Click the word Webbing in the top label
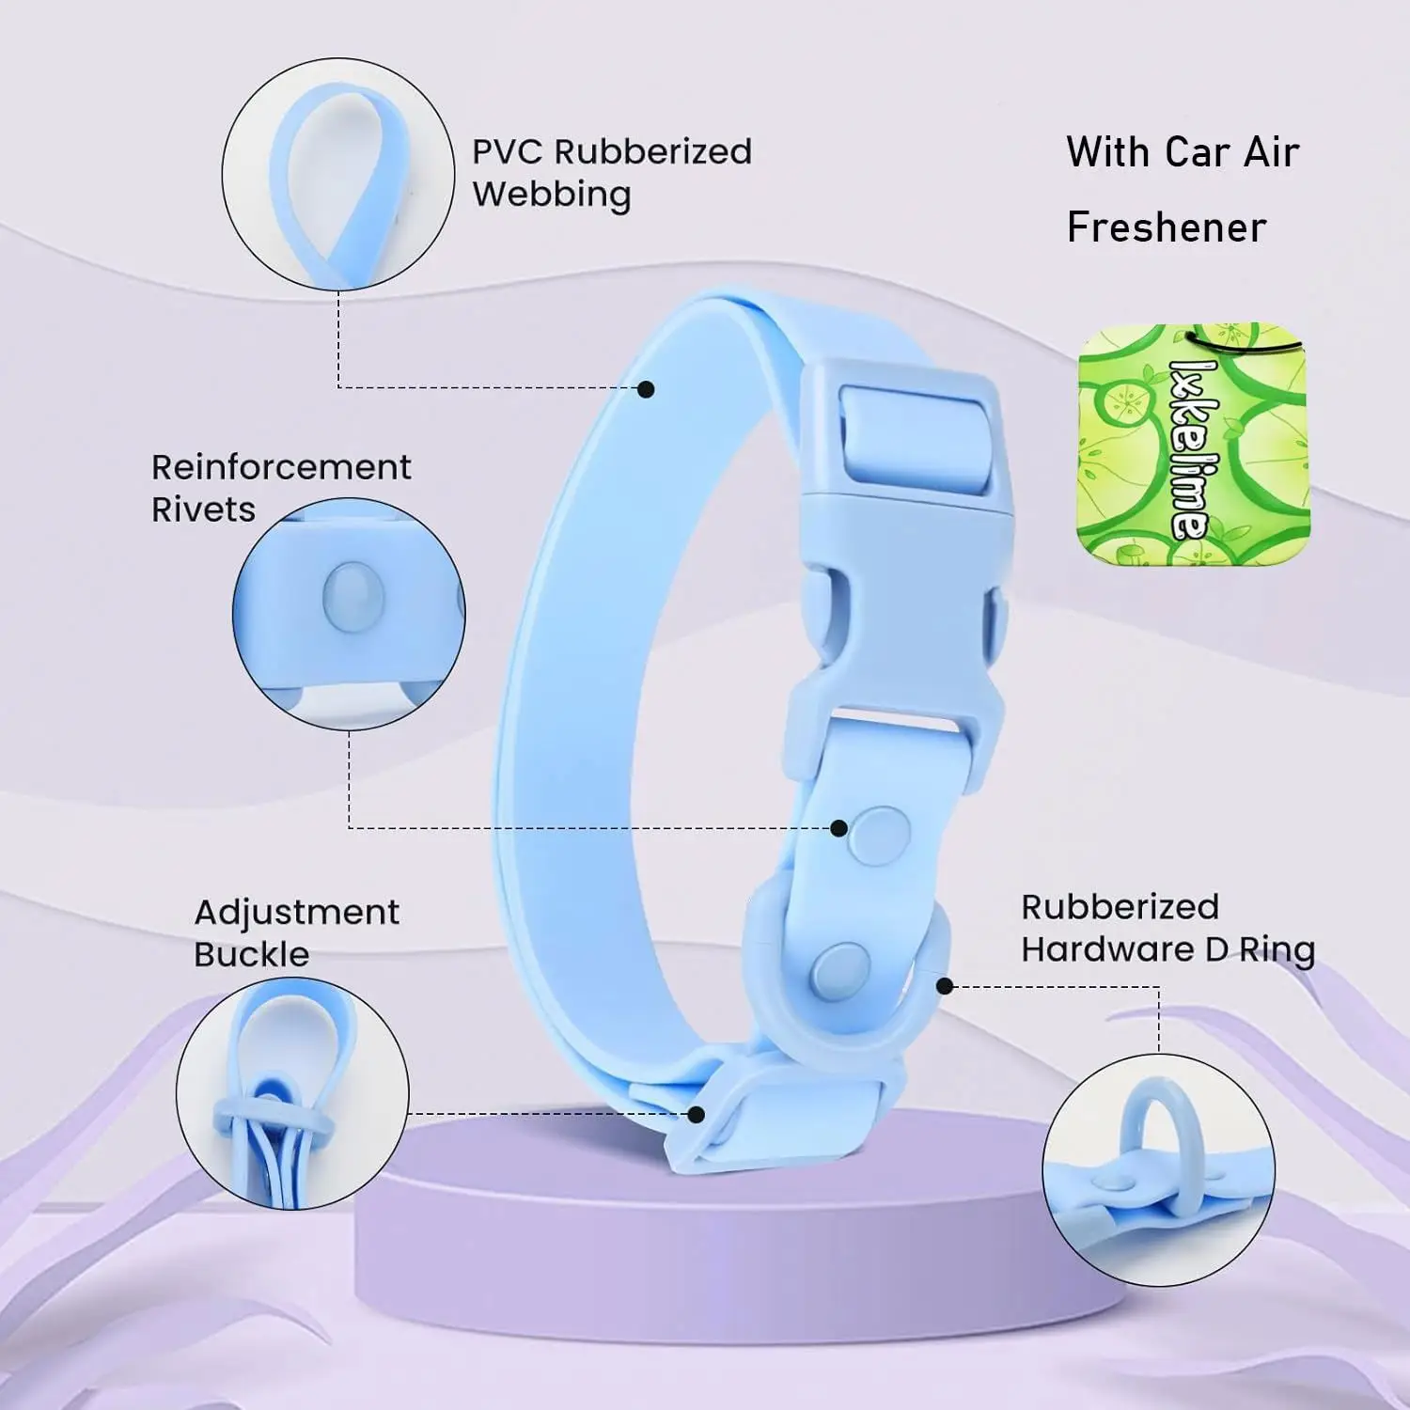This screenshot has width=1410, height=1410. (x=552, y=195)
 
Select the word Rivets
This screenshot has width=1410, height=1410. (x=203, y=509)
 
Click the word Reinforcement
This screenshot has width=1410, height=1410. (x=281, y=467)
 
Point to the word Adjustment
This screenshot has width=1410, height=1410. (x=296, y=912)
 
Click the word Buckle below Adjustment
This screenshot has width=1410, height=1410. (x=251, y=955)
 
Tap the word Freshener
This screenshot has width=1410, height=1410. (x=1167, y=227)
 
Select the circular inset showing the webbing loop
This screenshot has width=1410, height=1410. (x=337, y=174)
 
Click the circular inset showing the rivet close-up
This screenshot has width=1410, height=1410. (x=349, y=614)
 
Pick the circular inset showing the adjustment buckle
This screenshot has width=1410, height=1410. (x=292, y=1093)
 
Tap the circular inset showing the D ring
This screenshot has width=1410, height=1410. (x=1158, y=1169)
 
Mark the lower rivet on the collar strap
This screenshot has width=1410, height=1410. (x=839, y=969)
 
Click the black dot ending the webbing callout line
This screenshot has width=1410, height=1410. (x=646, y=388)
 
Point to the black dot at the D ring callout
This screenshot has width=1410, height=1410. (x=946, y=985)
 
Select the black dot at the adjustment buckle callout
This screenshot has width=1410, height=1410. (x=697, y=1114)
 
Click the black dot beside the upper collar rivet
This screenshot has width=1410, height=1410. (x=838, y=828)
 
